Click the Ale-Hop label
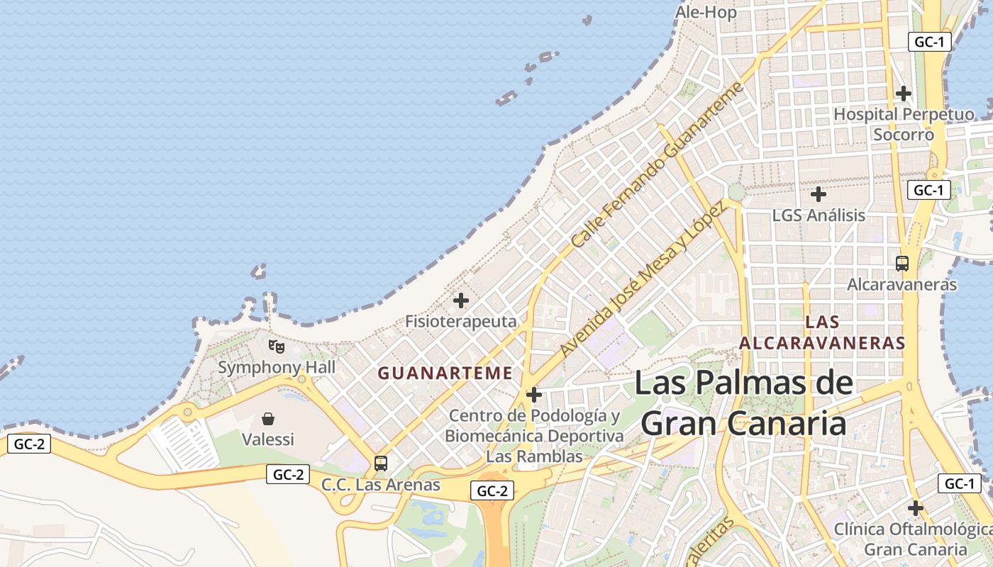pyautogui.click(x=706, y=12)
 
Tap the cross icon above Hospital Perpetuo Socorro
pyautogui.click(x=903, y=93)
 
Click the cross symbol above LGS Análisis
pyautogui.click(x=819, y=193)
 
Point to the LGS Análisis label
pyautogui.click(x=819, y=215)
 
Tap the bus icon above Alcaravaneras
pyautogui.click(x=902, y=264)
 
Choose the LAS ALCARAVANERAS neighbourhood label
pyautogui.click(x=822, y=332)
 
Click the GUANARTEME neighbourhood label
pyautogui.click(x=445, y=373)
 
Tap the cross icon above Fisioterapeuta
pyautogui.click(x=461, y=301)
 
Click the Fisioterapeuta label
pyautogui.click(x=461, y=321)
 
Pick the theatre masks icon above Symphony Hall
pyautogui.click(x=276, y=347)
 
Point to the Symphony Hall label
pyautogui.click(x=276, y=367)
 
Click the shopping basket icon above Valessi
pyautogui.click(x=268, y=419)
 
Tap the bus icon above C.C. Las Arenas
pyautogui.click(x=381, y=464)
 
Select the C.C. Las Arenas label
pyautogui.click(x=381, y=485)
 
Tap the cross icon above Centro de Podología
pyautogui.click(x=534, y=395)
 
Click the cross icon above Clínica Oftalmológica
pyautogui.click(x=915, y=508)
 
